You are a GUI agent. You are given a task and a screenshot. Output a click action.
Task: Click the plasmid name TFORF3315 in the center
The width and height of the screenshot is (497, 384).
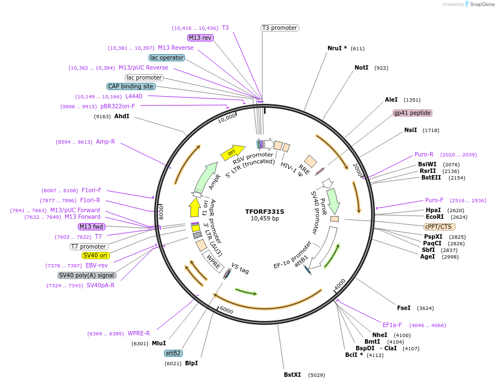[265, 212]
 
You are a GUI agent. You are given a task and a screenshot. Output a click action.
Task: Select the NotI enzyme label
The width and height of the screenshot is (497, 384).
[361, 67]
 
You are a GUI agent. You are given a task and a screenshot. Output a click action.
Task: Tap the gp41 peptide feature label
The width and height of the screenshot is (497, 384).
[412, 113]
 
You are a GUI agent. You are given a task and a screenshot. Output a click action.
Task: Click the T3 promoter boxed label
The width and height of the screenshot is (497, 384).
[279, 28]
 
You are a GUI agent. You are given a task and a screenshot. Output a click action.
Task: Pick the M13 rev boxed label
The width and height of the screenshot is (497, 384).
[200, 38]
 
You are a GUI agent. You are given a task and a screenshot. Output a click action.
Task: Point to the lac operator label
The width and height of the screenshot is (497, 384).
[167, 57]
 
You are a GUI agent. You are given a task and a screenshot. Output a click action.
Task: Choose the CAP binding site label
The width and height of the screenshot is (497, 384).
[131, 86]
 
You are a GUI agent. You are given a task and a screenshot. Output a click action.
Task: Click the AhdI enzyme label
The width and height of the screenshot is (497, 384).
[121, 117]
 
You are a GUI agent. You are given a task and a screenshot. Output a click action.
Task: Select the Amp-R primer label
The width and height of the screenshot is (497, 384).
[105, 142]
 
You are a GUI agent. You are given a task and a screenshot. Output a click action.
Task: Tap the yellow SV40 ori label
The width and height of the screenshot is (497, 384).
[96, 255]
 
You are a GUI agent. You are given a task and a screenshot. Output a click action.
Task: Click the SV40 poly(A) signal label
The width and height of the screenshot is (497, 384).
[87, 275]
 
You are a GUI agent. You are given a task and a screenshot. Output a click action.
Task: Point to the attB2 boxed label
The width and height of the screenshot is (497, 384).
[173, 353]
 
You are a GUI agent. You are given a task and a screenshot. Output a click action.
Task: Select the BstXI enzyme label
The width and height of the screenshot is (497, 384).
[292, 375]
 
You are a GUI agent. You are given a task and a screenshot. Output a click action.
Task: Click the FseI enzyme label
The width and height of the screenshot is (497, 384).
[404, 308]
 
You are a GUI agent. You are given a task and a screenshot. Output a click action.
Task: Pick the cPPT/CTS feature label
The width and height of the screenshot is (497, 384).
[439, 227]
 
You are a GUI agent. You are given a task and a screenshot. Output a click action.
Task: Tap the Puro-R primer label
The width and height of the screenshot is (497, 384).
[424, 154]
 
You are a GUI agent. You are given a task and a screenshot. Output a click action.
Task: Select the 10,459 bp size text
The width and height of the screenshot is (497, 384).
[265, 219]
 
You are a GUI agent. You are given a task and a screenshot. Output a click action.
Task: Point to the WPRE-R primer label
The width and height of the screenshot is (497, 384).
[139, 333]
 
